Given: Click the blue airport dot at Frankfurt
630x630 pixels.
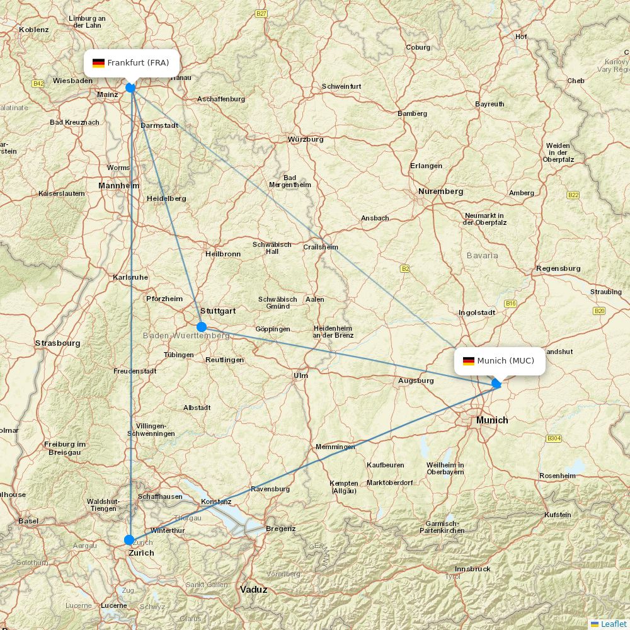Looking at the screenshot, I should click(x=130, y=88).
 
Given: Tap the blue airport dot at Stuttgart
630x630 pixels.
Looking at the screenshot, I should click(x=202, y=326).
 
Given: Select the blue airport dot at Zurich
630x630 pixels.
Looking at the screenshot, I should click(x=129, y=540).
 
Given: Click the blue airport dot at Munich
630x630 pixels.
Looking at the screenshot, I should click(x=496, y=383).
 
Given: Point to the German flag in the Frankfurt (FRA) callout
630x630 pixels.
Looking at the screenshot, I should click(x=98, y=63).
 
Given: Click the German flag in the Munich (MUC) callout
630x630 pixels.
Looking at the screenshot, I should click(x=468, y=361).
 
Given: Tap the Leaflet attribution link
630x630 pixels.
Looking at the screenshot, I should click(x=613, y=624).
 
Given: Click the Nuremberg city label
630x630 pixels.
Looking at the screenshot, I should click(x=440, y=191).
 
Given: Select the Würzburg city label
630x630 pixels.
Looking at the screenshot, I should click(x=306, y=139).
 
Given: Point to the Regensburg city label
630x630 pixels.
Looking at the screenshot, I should click(x=558, y=268).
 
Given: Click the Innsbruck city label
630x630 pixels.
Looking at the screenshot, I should click(x=472, y=569).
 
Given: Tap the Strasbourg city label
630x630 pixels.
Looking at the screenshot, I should click(x=57, y=343).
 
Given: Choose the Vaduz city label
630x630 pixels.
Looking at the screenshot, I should click(x=253, y=590).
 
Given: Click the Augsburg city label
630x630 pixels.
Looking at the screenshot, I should click(x=416, y=381).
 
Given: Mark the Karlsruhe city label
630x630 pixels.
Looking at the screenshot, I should click(x=130, y=277).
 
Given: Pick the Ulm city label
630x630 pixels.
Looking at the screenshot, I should click(x=301, y=375).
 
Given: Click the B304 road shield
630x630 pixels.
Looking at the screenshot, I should click(x=554, y=438).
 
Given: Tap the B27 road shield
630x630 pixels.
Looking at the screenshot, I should click(x=261, y=13).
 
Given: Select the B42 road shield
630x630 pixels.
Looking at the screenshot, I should click(x=38, y=83).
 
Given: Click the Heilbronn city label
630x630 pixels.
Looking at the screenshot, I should click(x=223, y=254).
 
